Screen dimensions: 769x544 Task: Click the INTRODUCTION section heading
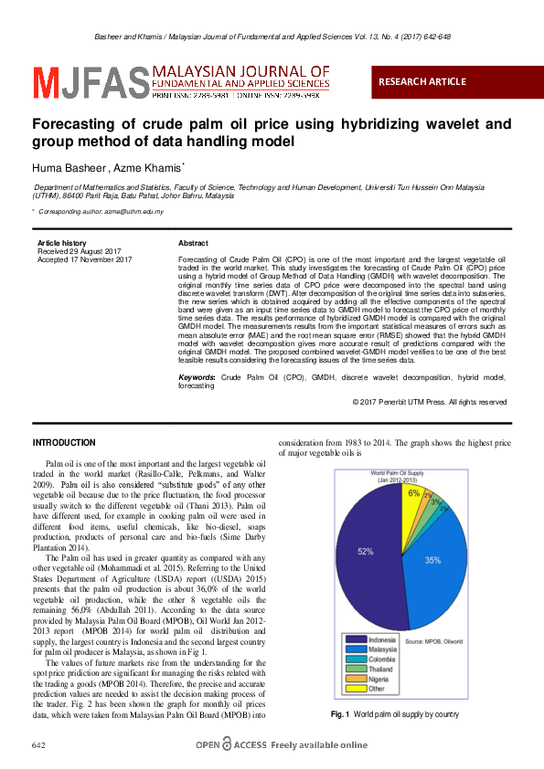pos(64,443)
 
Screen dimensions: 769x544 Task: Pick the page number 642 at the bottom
pos(38,745)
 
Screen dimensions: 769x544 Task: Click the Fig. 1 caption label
pos(340,713)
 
